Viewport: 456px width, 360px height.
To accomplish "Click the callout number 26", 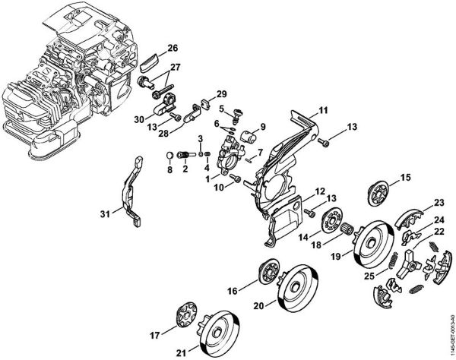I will tap(173, 48).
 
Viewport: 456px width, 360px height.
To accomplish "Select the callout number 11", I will tap(323, 111).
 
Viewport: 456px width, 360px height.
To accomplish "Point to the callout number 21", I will tap(180, 352).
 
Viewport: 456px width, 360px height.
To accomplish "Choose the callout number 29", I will tap(222, 93).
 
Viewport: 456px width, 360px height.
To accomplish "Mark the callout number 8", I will tap(169, 169).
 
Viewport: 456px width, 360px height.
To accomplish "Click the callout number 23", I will tap(439, 203).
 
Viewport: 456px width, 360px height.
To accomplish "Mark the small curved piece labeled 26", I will tap(150, 58).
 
